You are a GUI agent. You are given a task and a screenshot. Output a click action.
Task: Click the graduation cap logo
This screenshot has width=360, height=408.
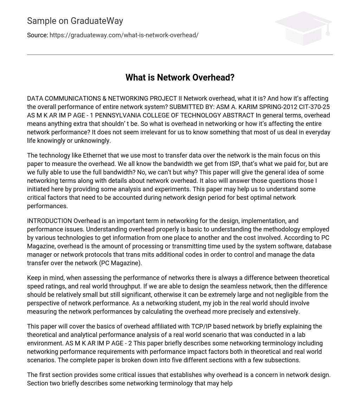click(x=303, y=28)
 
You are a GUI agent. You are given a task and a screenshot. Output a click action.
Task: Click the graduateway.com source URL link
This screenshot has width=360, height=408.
click(x=124, y=35)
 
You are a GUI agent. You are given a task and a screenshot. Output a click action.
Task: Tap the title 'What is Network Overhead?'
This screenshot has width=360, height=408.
click(x=180, y=77)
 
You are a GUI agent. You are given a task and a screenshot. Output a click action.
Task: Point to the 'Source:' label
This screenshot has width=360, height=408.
click(x=37, y=35)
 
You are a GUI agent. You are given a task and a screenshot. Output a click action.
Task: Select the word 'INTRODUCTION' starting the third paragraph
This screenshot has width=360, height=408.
click(x=49, y=221)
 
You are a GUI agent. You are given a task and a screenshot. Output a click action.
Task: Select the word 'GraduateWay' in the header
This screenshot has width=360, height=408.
click(x=97, y=21)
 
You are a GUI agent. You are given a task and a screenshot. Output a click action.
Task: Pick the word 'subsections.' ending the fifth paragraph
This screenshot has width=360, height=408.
click(x=283, y=360)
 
